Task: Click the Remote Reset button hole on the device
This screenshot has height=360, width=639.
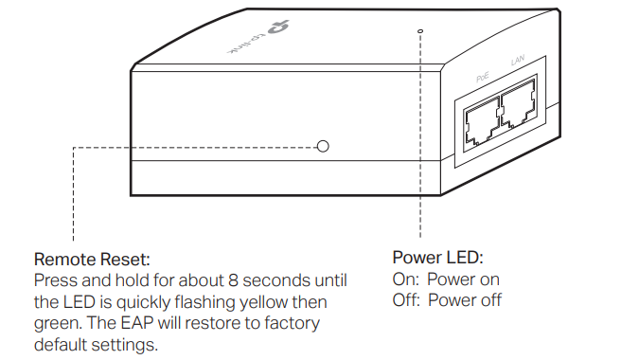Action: pos(323,147)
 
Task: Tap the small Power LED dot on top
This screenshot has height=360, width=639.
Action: pos(419,31)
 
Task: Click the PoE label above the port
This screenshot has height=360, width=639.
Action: pos(481,72)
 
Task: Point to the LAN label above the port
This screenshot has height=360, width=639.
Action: pos(517,61)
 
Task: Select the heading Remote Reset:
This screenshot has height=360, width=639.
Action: pos(92,259)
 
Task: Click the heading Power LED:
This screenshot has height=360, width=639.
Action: pos(437,258)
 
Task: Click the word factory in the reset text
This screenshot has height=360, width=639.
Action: pos(293,323)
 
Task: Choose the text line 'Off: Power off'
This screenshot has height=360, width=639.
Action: pos(447,300)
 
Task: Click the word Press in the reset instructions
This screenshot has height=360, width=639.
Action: pos(55,280)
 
